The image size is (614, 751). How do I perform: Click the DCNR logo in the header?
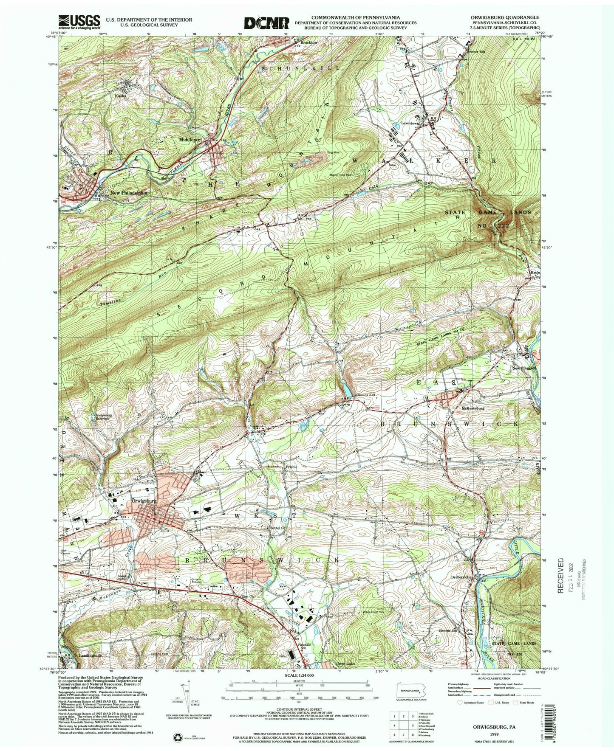pyautogui.click(x=267, y=23)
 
